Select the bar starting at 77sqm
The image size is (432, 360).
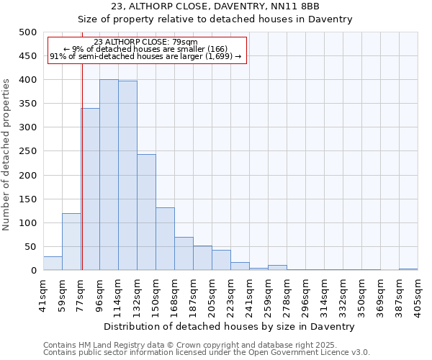coord(91,189)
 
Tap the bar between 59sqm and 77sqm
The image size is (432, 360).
coord(71,242)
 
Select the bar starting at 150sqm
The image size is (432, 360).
coord(165,239)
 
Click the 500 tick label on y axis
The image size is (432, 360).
coord(27,32)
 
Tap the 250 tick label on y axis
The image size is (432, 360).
coord(27,151)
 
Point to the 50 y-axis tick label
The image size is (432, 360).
coord(30,247)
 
